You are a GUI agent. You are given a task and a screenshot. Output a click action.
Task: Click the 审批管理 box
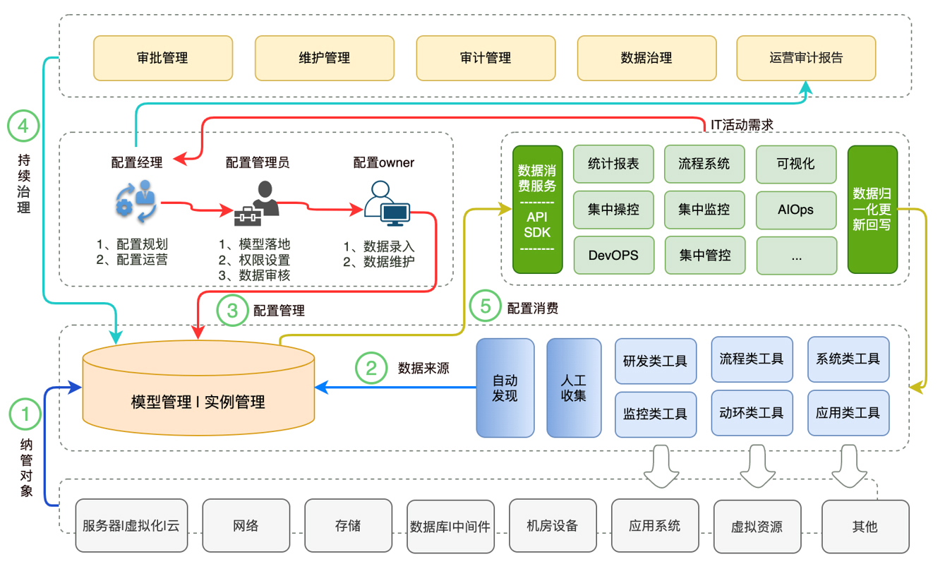coord(162,58)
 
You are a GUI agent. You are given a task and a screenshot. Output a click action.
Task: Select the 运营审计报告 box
coord(805,58)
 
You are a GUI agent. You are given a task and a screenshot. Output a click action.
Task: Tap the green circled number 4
coord(23,126)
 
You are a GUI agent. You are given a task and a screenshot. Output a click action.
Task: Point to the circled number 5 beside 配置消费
coord(486,308)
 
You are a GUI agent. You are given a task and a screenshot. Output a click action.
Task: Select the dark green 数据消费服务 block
coord(537,209)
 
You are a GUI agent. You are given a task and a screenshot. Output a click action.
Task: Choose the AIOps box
coord(796,210)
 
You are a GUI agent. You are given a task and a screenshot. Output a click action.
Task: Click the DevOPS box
coord(613,255)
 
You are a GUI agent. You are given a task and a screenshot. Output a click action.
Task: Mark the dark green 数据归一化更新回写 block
coord(872,209)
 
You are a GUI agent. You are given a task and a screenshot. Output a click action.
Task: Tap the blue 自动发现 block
coord(505,388)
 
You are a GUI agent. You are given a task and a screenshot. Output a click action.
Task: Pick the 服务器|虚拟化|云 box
coord(131,526)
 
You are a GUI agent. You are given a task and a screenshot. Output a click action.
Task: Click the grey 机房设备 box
coord(552,526)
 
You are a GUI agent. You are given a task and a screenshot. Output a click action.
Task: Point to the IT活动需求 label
coord(742,125)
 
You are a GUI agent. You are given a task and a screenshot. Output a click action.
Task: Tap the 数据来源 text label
coord(423,368)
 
